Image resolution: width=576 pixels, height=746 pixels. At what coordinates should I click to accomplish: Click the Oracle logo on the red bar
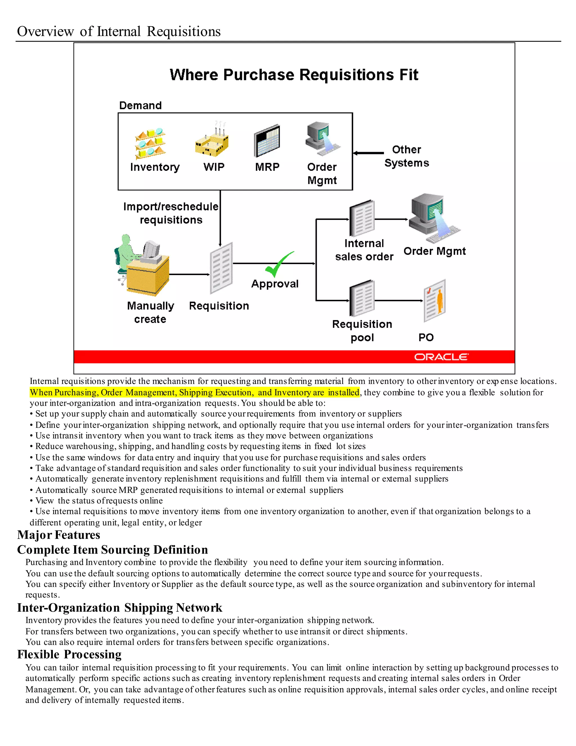pos(441,357)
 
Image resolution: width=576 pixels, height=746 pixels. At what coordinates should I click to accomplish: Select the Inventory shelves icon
pos(150,144)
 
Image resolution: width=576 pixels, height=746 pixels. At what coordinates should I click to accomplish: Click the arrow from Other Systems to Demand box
pos(368,153)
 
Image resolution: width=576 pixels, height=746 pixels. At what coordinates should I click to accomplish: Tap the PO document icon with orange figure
pos(435,301)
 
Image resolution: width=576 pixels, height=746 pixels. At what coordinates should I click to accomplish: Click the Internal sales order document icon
pos(362,219)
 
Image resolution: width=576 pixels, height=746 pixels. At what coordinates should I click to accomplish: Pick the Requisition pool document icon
pos(362,298)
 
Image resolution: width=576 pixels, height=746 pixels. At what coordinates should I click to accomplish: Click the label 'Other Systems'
pos(406,156)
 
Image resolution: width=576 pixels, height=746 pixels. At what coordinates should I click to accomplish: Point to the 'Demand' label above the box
pos(140,106)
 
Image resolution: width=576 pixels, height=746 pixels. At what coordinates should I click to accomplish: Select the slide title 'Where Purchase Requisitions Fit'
pos(294,75)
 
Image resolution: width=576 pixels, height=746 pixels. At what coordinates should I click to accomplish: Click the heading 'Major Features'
pos(59,535)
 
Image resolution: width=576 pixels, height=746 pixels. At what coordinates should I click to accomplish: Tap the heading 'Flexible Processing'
pos(69,655)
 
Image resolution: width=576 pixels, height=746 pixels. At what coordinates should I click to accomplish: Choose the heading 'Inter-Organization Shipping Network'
pos(120,608)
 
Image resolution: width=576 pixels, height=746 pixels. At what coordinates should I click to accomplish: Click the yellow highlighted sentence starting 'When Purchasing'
pos(195,392)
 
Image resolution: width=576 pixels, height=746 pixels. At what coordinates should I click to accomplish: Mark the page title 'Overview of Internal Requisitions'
pos(119,32)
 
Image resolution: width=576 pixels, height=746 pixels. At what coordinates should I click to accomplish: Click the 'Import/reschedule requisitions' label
pos(171,213)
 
